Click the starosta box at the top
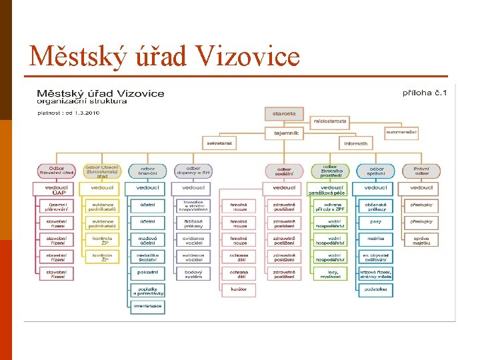(284, 113)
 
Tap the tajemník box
(286, 133)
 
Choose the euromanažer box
(401, 132)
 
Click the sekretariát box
(219, 143)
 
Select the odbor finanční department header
(147, 171)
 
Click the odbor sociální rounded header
(283, 171)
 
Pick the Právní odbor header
(421, 171)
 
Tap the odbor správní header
(375, 171)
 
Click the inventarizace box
(147, 306)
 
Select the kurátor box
(239, 289)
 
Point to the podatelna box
(375, 289)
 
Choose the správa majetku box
(421, 239)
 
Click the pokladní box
(147, 272)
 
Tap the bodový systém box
(193, 273)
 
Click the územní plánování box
(56, 206)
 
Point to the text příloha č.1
(424, 92)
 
